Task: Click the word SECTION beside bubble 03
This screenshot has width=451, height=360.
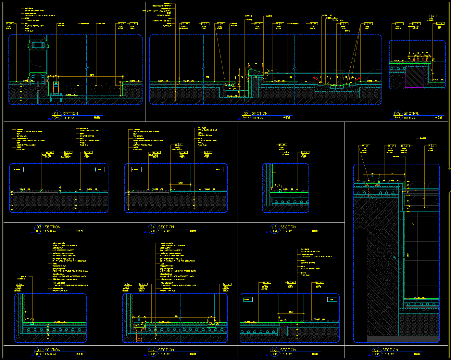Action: [53, 227]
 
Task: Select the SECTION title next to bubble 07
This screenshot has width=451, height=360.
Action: [166, 350]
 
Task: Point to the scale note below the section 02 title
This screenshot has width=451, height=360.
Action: [258, 118]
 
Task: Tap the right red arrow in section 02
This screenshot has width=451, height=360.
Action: [358, 79]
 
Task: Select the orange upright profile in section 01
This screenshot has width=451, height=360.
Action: [56, 88]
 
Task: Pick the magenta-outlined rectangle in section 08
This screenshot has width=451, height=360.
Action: [283, 331]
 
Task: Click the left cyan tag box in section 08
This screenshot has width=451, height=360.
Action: [248, 300]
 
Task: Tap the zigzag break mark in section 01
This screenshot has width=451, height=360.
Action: [87, 68]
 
